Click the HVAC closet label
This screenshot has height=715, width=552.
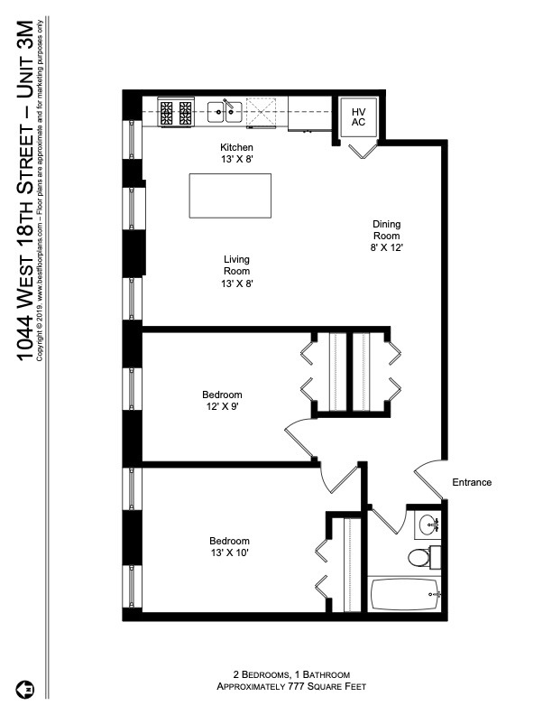[x=358, y=116]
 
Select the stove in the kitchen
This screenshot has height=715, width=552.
[x=176, y=112]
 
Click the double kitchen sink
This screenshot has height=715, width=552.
[x=225, y=112]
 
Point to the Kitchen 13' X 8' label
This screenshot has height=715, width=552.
[x=236, y=153]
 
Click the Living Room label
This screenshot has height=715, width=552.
[x=236, y=271]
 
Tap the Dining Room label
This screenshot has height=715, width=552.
[x=386, y=236]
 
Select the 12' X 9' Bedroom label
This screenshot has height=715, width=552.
[x=222, y=400]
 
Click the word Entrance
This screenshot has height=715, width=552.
[x=472, y=482]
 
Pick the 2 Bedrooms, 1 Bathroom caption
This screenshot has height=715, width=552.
[x=284, y=674]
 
